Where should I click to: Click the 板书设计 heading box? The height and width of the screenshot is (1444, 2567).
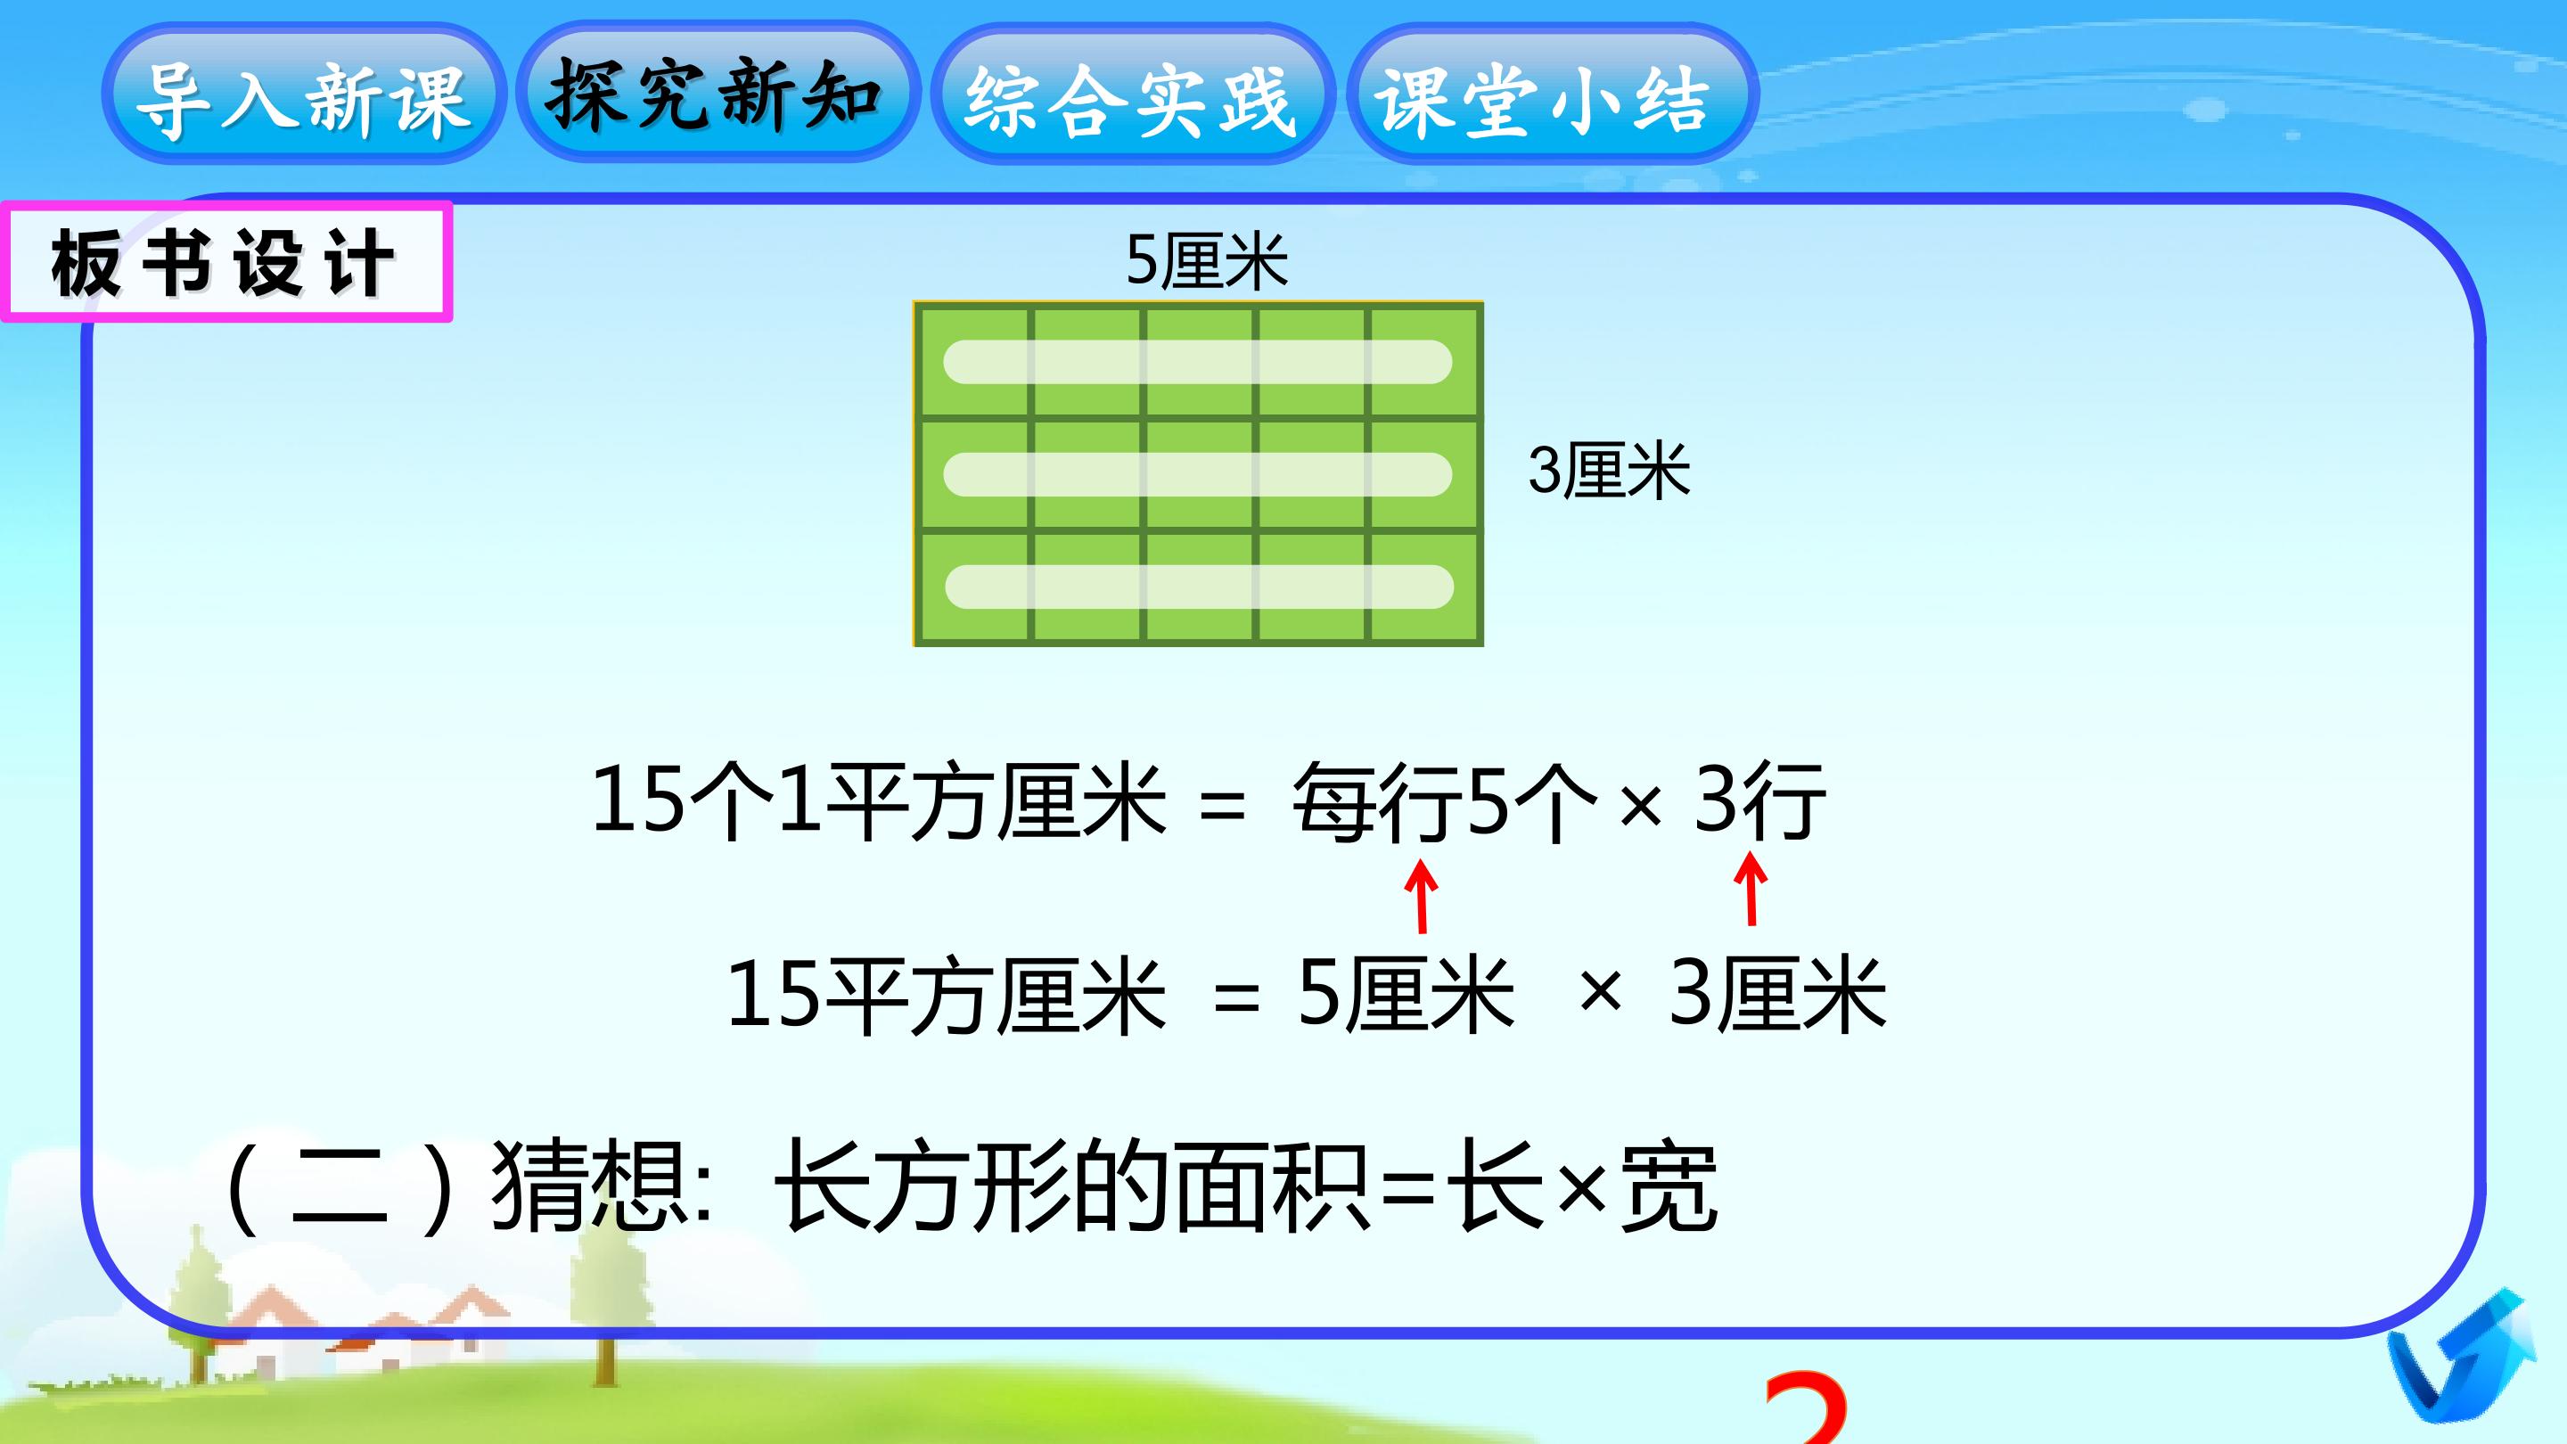point(226,262)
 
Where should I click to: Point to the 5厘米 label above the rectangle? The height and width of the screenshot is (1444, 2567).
point(1206,262)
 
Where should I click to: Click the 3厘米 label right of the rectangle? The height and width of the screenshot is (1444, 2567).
point(1608,472)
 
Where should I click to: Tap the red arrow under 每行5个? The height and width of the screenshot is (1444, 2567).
point(1422,897)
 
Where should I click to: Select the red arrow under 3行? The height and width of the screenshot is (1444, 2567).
point(1751,890)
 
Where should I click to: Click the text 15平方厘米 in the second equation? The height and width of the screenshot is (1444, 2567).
point(946,994)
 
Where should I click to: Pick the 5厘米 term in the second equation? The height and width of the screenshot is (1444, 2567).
point(1405,994)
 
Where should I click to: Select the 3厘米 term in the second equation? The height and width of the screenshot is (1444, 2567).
point(1776,994)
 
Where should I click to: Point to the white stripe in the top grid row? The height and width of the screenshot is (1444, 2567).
point(1197,362)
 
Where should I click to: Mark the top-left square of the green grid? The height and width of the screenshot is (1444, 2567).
point(973,362)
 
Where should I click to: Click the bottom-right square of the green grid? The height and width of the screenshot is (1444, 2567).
point(1424,587)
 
